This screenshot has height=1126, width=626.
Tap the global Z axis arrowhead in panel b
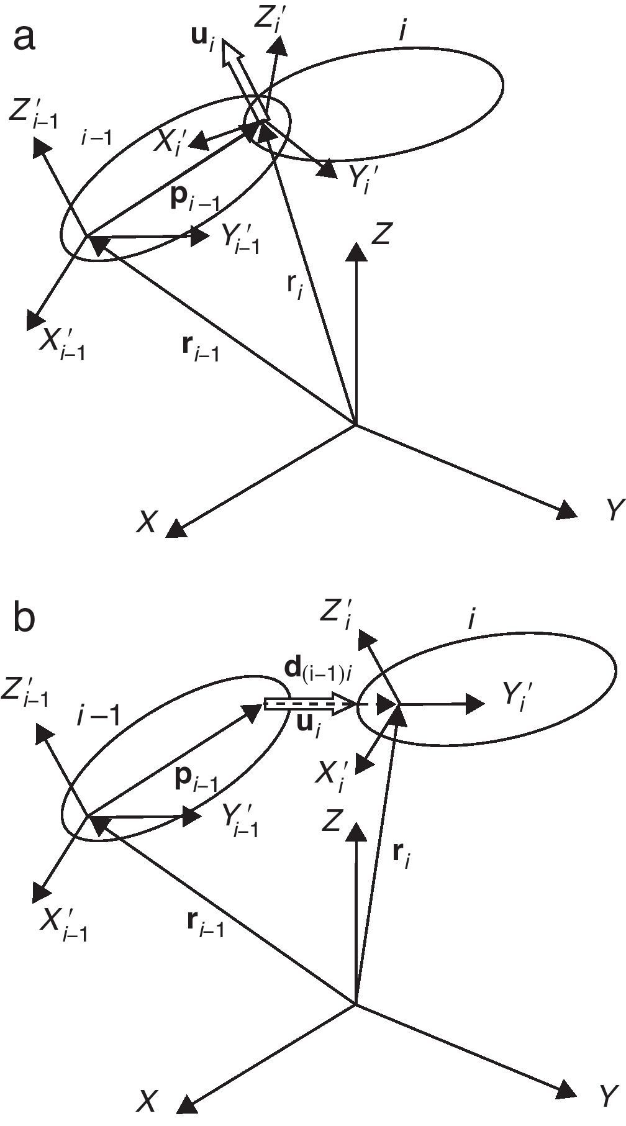point(355,831)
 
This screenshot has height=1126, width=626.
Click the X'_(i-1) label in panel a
point(62,342)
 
